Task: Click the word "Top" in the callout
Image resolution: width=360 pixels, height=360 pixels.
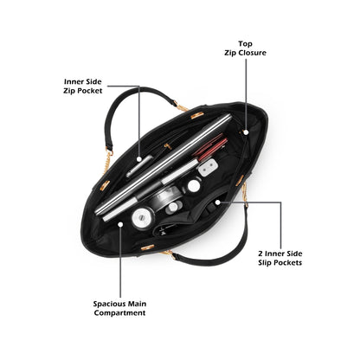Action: coord(245,44)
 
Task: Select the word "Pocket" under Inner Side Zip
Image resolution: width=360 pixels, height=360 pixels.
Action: coord(90,91)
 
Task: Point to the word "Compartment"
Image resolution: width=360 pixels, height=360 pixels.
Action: coord(119,312)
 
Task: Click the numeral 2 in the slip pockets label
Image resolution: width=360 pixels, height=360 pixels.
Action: coord(260,254)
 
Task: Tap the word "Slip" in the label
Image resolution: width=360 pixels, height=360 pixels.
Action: coord(265,263)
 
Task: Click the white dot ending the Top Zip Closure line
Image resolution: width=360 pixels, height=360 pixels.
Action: coord(246,132)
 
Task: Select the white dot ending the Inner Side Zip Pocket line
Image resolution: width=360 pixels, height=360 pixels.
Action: coord(139,158)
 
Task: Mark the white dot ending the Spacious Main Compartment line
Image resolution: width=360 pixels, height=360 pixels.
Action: coord(120,224)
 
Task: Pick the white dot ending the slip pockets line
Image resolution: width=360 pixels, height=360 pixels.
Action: coord(218,202)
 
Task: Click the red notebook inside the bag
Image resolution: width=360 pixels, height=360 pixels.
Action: coord(210,146)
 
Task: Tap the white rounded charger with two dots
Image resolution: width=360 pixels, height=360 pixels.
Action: coord(207,168)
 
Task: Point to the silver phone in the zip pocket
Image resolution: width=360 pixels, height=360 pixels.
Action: coord(139,166)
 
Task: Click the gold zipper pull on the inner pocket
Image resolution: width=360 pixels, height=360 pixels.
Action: coord(166,146)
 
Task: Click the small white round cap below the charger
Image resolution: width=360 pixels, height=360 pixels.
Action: coord(194,185)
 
